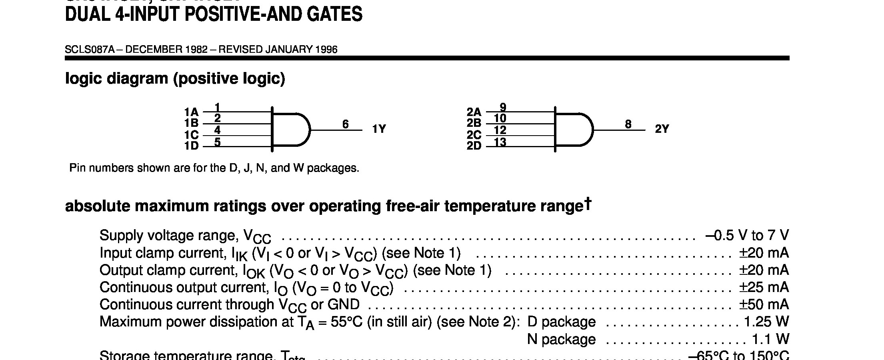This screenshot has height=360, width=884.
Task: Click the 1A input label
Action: (191, 112)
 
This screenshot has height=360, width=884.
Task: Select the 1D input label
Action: (191, 146)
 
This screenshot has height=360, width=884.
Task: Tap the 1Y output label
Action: (379, 129)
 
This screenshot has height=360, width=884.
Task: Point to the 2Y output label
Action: (662, 129)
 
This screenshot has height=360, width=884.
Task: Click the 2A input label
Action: (474, 112)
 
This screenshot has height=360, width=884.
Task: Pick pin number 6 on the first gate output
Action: (346, 124)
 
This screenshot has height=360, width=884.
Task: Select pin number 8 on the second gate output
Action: (628, 124)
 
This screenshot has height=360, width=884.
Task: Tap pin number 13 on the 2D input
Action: (500, 142)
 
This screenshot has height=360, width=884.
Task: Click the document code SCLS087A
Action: (90, 50)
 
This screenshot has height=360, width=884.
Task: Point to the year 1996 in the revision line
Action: (326, 50)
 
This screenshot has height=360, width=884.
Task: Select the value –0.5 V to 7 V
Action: (747, 236)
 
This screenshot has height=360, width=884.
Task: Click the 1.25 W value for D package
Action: (766, 322)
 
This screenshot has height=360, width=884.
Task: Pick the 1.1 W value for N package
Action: (770, 339)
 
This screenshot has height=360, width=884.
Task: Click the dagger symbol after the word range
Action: (587, 203)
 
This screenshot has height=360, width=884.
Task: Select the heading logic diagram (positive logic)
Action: (175, 78)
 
